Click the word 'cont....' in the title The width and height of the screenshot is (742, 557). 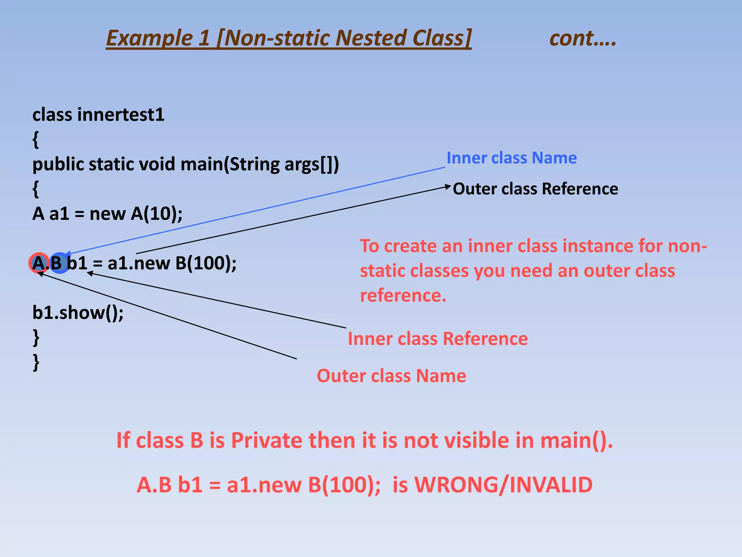(x=583, y=38)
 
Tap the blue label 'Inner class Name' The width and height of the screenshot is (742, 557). (x=511, y=158)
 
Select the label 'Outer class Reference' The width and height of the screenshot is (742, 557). (x=535, y=189)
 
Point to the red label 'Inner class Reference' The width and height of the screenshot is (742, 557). (x=437, y=339)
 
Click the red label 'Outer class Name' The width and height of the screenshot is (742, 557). (x=391, y=376)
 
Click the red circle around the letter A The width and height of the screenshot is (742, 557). (x=38, y=263)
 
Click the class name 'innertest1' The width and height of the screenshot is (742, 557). (x=121, y=115)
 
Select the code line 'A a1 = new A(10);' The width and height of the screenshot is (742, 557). (x=107, y=214)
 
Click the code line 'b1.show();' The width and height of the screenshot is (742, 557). (x=78, y=313)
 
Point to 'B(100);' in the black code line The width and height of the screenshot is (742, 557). (x=205, y=263)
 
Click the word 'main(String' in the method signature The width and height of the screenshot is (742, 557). (x=230, y=164)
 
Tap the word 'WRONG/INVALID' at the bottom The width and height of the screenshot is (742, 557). (x=503, y=485)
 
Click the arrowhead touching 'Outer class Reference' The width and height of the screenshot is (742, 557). (x=448, y=187)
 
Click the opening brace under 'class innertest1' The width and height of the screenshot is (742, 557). (x=36, y=140)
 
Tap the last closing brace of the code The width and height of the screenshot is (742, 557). (x=36, y=362)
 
